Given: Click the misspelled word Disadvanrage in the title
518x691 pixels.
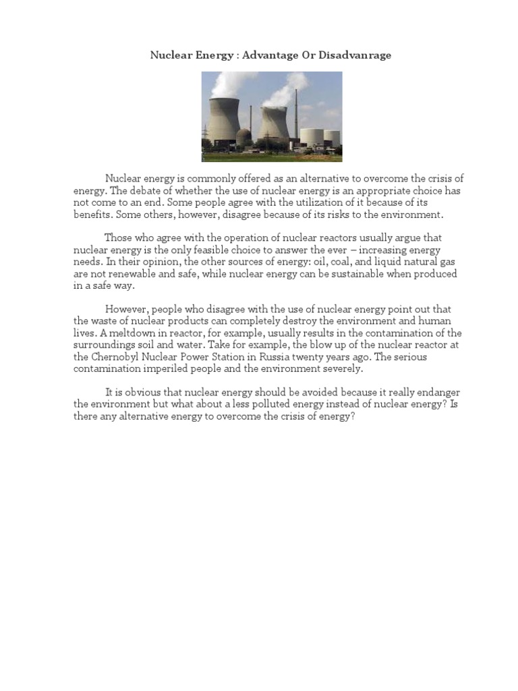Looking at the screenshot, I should click(x=357, y=55).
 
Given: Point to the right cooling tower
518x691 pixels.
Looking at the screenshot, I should click(x=275, y=126).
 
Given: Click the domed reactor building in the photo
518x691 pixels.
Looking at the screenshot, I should click(x=243, y=136).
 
